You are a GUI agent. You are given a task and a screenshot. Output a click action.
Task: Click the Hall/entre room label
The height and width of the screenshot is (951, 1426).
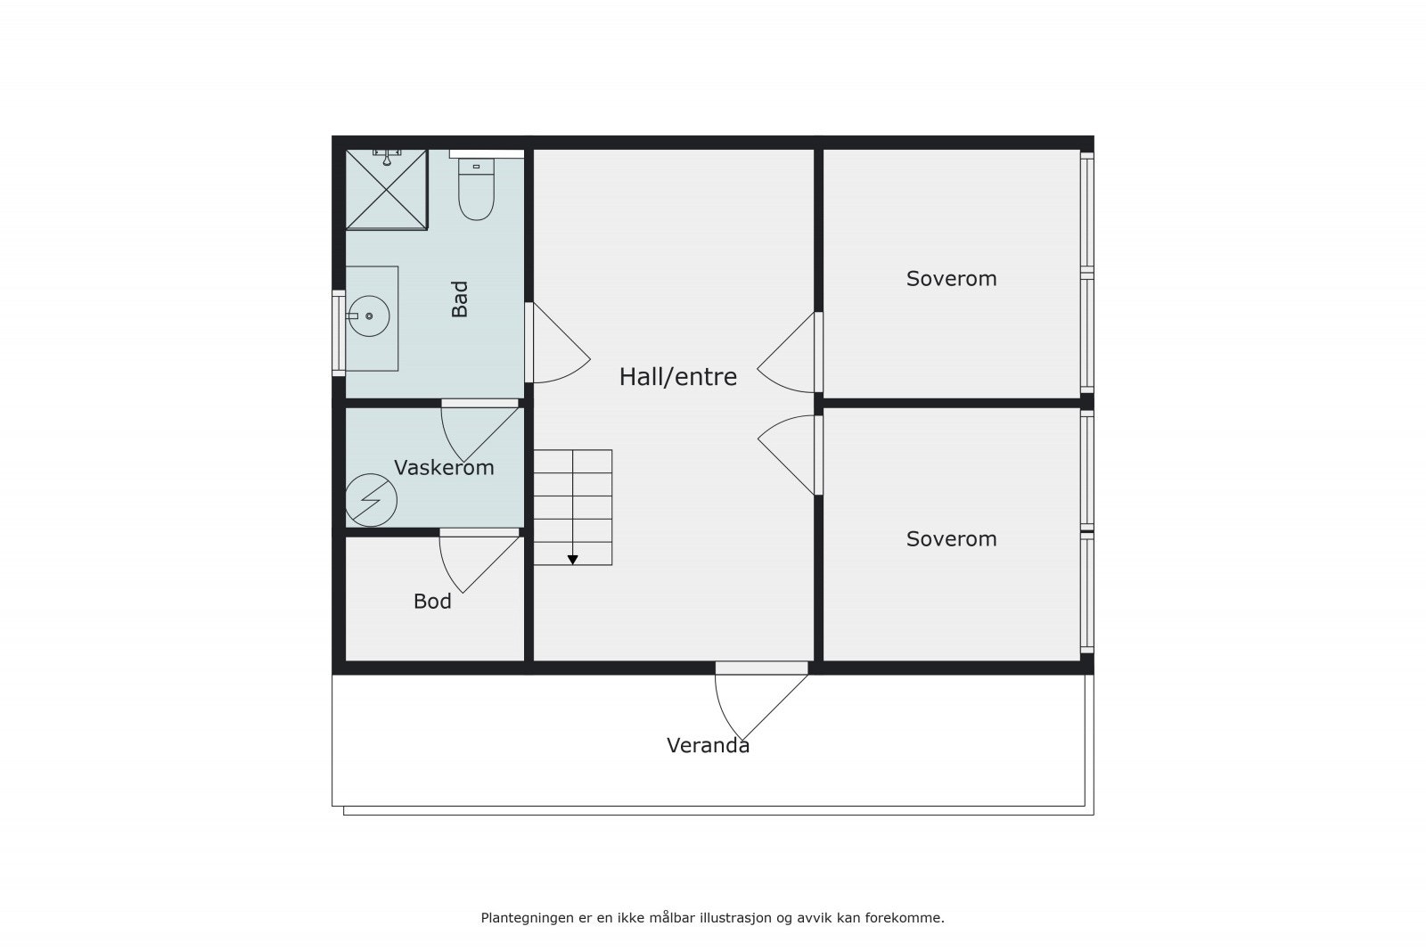677,377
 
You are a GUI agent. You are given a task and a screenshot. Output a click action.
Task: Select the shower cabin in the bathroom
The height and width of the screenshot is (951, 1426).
386,189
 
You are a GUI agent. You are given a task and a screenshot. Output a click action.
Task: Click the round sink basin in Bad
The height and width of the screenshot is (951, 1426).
368,316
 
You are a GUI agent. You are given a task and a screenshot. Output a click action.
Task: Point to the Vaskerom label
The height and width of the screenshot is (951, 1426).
444,468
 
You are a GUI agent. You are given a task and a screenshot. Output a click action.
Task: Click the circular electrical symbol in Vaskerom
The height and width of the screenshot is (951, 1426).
371,500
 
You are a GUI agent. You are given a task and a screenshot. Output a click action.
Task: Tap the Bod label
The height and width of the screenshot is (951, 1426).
432,602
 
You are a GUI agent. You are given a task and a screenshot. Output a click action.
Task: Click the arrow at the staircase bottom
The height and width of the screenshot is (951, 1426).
572,560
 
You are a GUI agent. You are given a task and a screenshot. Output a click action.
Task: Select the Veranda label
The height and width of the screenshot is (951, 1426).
708,746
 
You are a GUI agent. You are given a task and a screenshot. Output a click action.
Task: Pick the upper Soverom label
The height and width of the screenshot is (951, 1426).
951,279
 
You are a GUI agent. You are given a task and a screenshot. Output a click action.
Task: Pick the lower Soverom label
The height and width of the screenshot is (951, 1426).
951,539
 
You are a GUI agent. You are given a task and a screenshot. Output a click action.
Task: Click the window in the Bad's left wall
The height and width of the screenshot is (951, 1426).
339,332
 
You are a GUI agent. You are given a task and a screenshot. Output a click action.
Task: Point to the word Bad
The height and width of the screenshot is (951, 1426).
460,299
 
